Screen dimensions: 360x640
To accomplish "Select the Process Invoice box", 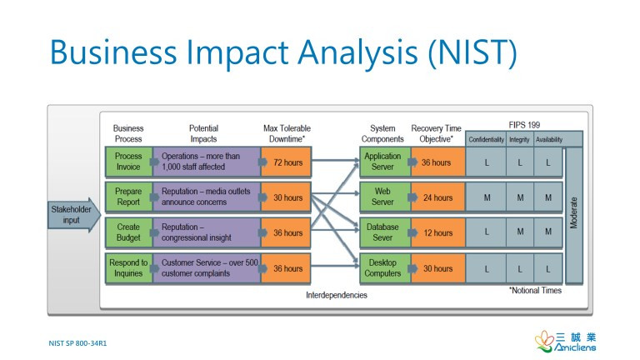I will click(128, 162).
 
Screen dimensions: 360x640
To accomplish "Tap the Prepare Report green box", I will click(128, 197).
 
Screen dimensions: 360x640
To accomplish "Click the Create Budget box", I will click(128, 232).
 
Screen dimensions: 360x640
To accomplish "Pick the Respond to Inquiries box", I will click(128, 268).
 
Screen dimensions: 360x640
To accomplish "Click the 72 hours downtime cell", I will click(287, 162).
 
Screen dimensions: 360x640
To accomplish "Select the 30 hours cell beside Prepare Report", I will click(287, 197).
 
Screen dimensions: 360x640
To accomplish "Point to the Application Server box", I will click(382, 162).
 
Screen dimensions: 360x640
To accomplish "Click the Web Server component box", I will click(382, 197).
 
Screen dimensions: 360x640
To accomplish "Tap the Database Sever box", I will click(382, 232).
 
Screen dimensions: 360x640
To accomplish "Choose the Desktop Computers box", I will click(382, 268).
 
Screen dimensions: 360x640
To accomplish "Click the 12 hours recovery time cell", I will click(437, 232).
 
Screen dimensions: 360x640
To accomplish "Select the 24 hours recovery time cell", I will click(437, 197).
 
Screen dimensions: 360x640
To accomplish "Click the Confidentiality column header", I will click(486, 139).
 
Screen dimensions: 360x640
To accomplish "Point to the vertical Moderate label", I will click(574, 215).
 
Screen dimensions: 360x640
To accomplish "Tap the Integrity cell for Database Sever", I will click(520, 232).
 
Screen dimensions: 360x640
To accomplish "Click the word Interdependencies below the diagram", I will click(337, 295).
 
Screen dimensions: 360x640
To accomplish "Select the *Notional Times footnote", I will click(535, 291).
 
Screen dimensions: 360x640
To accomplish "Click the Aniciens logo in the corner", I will click(566, 342).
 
